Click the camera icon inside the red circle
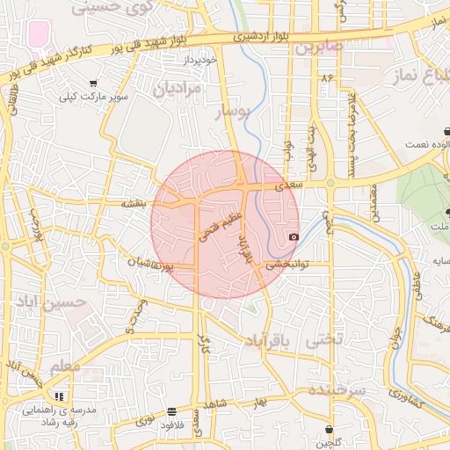click(294, 236)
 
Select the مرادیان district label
click(177, 88)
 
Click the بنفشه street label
click(138, 203)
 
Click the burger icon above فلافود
click(171, 411)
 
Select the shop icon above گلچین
click(330, 430)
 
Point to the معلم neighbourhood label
click(65, 365)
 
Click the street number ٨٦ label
click(328, 79)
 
